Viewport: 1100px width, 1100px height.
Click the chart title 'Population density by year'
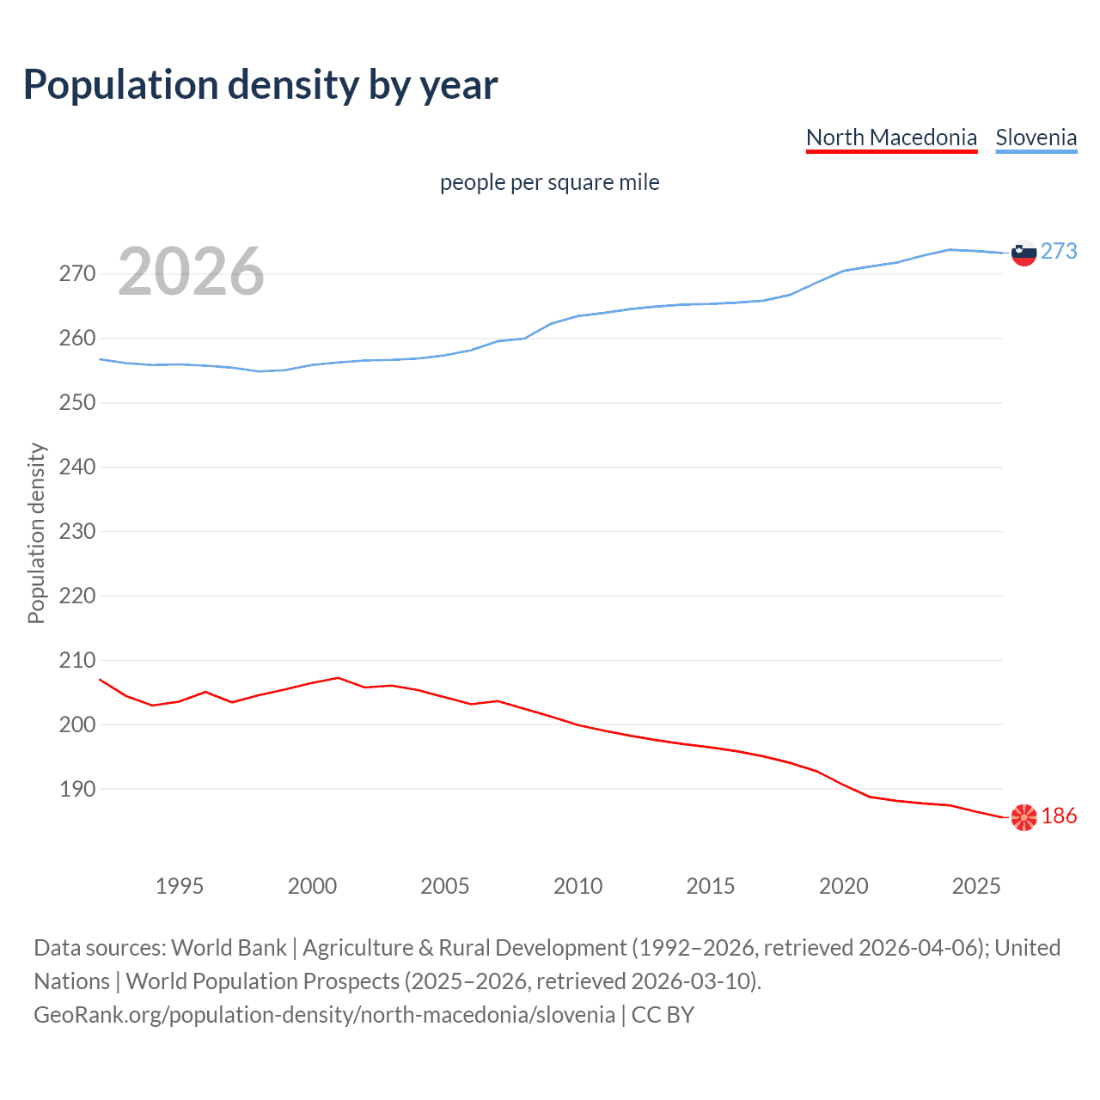tap(260, 85)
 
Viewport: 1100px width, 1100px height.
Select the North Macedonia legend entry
tap(891, 137)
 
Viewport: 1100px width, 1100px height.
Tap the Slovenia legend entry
tap(1036, 137)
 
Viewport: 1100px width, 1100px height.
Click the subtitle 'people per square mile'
tap(549, 183)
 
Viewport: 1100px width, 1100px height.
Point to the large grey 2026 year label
tap(191, 272)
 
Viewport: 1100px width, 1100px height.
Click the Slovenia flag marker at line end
tap(1024, 253)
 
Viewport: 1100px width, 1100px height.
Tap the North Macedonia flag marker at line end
tap(1024, 817)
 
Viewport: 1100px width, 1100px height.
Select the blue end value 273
tap(1059, 251)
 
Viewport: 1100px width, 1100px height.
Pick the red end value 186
tap(1059, 816)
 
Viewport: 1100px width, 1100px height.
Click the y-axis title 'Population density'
tap(36, 533)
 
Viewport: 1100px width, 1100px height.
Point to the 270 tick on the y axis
tap(77, 274)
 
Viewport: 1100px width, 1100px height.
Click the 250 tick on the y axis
tap(77, 403)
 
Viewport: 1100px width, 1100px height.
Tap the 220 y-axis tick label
tap(77, 596)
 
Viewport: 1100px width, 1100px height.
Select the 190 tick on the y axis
tap(77, 789)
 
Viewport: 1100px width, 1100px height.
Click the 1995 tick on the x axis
tap(180, 886)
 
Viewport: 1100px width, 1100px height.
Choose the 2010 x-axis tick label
tap(577, 886)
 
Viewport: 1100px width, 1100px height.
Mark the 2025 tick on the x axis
tap(976, 886)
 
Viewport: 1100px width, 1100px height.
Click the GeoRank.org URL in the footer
tap(324, 1015)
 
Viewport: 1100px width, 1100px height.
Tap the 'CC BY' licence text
tap(663, 1015)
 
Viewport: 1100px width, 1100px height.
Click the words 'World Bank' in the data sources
tap(229, 948)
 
